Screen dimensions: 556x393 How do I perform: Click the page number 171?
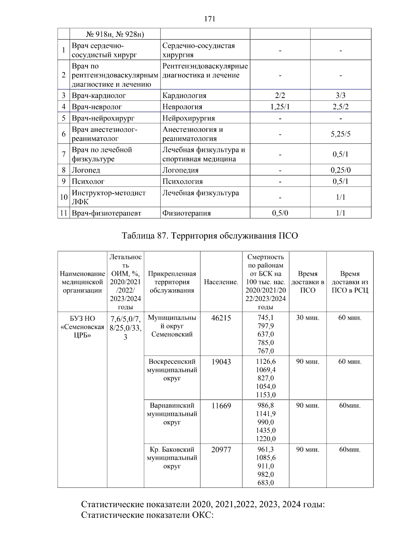(x=210, y=19)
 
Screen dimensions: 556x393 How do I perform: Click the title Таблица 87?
(x=210, y=236)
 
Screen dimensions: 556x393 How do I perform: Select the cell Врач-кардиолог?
(x=99, y=96)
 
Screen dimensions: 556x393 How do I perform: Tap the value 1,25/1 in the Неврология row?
(x=280, y=107)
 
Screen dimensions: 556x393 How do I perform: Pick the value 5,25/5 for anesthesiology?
(x=341, y=134)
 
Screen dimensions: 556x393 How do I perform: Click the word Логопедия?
(x=180, y=170)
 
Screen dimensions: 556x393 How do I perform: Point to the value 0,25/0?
(x=341, y=170)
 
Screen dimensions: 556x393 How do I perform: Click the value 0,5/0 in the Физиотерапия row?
(x=280, y=213)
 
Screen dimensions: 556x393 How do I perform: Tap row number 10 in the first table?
(x=64, y=197)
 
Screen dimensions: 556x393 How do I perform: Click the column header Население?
(x=221, y=282)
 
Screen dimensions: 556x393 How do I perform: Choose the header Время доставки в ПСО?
(x=308, y=282)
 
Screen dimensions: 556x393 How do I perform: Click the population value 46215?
(x=221, y=318)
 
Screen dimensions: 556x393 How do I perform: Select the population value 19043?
(x=221, y=362)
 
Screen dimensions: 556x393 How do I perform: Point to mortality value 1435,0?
(x=266, y=430)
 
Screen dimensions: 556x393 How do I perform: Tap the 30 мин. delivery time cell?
(x=308, y=318)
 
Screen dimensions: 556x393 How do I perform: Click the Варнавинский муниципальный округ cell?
(x=172, y=414)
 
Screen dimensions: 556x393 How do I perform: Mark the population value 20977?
(x=221, y=450)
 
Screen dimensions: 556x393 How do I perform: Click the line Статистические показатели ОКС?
(x=147, y=515)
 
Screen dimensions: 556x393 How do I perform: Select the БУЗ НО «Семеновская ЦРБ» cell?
(x=83, y=327)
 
